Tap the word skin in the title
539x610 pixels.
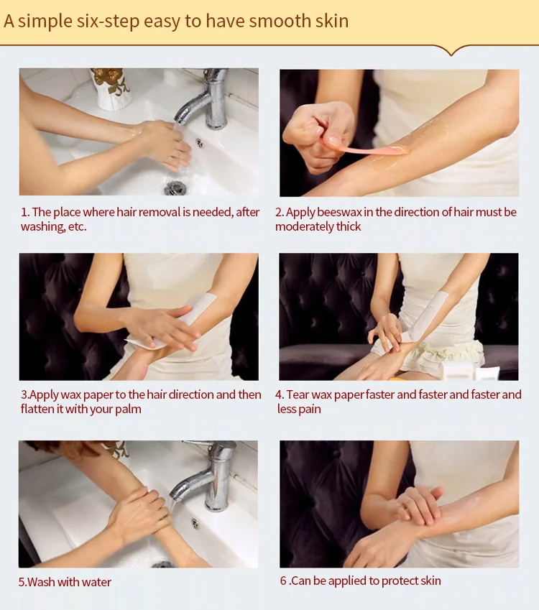332,21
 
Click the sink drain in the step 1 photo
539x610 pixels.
175,188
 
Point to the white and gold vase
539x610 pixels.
111,88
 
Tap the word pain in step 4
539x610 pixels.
310,410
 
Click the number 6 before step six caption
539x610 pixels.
283,581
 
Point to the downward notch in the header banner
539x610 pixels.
451,51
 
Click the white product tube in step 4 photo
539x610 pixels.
487,373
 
